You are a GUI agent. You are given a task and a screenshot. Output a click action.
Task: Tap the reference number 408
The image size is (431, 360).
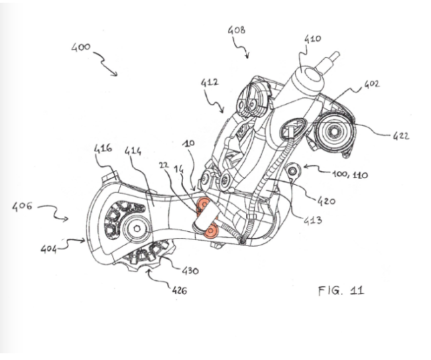point(237,30)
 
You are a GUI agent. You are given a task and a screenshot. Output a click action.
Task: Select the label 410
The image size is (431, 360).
point(312,40)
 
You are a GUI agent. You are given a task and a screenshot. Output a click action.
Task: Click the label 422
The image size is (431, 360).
point(402,137)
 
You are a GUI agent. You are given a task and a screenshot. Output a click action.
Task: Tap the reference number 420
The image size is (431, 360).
point(327,200)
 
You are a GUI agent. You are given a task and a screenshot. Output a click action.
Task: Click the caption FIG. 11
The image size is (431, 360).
point(341,290)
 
